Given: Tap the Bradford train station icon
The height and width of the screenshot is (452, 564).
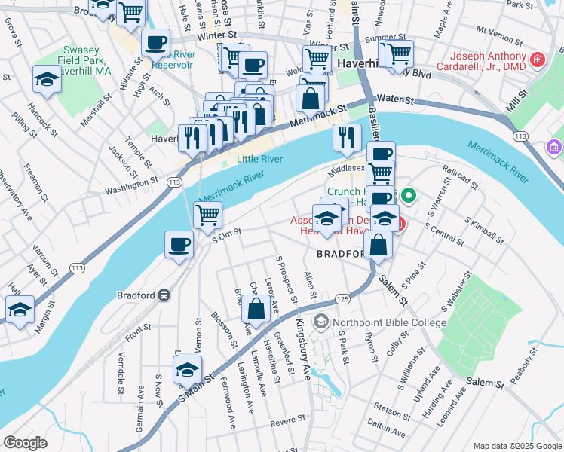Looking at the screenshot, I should pyautogui.click(x=162, y=295).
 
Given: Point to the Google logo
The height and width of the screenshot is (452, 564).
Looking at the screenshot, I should pyautogui.click(x=25, y=443).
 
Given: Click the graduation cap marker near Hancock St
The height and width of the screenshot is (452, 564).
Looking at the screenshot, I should pyautogui.click(x=47, y=80).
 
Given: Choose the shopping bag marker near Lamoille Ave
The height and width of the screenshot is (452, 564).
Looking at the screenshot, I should pyautogui.click(x=256, y=309).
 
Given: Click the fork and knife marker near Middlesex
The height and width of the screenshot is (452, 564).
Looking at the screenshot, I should pyautogui.click(x=347, y=137).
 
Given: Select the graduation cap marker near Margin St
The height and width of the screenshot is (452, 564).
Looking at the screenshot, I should pyautogui.click(x=20, y=309).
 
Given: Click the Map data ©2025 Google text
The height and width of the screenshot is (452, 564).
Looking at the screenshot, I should pyautogui.click(x=516, y=446).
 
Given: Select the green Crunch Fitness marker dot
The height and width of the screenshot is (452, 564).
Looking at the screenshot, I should pyautogui.click(x=409, y=198).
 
